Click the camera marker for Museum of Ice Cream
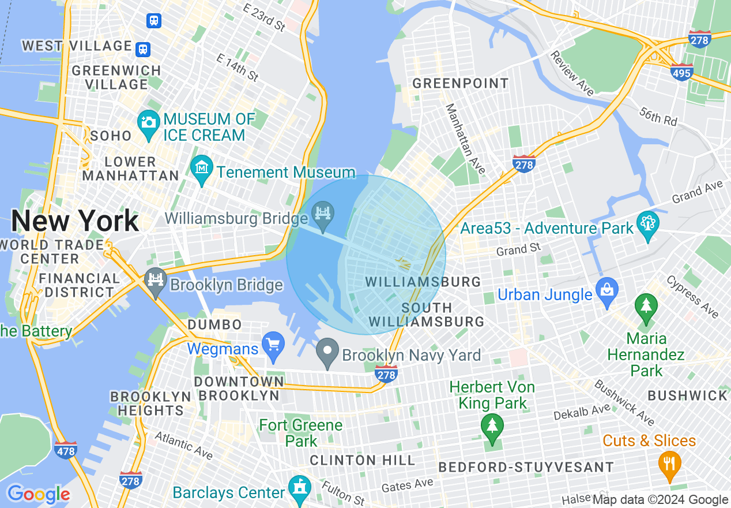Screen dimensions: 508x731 (148, 122)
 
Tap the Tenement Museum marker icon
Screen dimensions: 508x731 (202, 168)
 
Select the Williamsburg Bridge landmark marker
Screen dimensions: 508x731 (323, 214)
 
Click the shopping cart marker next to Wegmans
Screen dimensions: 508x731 (273, 344)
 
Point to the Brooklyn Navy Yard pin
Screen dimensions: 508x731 (328, 350)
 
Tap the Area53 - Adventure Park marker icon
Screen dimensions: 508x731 (647, 224)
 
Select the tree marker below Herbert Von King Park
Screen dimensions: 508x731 (492, 428)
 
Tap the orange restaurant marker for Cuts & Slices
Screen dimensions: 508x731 (669, 464)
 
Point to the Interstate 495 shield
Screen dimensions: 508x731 (681, 73)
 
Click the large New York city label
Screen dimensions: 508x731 (75, 221)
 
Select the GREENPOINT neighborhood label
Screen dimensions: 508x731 (461, 83)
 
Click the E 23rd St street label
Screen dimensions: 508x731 (264, 17)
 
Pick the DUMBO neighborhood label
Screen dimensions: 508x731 (213, 324)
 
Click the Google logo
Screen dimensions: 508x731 (39, 495)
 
